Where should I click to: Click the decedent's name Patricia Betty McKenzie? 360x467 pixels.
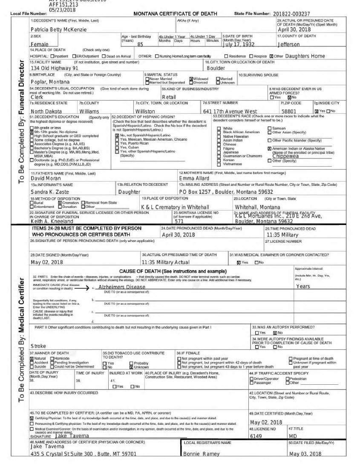tap(59, 29)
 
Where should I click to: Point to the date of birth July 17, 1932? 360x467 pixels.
tap(239, 44)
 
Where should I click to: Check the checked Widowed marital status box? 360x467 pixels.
tap(191, 79)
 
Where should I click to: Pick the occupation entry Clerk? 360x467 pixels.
tap(37, 97)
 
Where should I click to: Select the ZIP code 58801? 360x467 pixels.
tap(288, 111)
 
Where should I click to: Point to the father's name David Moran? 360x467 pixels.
tap(46, 179)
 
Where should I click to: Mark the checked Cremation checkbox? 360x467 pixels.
tap(60, 203)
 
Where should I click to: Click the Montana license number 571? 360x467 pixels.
tap(179, 222)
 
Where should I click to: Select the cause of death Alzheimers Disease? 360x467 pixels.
tap(121, 287)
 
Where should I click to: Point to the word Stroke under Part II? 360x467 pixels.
tap(38, 346)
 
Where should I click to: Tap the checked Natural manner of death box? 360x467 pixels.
tap(32, 359)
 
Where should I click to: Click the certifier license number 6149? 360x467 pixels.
tap(256, 436)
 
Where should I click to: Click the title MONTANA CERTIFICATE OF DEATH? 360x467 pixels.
tap(175, 14)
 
